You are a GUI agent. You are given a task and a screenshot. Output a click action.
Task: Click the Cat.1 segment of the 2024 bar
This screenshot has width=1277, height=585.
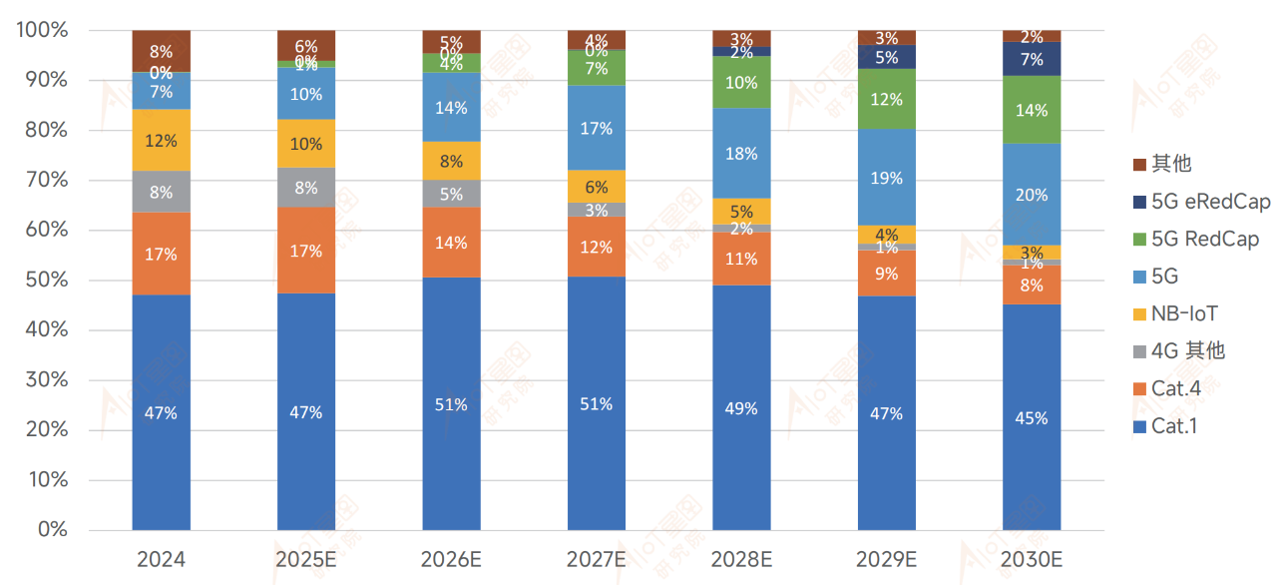point(161,411)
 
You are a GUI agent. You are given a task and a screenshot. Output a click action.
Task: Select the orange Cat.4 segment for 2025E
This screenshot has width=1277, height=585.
point(305,250)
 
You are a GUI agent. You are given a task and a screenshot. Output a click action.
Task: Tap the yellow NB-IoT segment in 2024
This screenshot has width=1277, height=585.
point(161,141)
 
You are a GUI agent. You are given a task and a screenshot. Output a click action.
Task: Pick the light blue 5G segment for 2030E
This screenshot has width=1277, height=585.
point(1032,195)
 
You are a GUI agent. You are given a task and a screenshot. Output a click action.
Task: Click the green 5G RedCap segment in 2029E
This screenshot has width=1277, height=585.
point(886,99)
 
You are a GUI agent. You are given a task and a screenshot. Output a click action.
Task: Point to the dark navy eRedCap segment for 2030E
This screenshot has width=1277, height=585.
point(1032,59)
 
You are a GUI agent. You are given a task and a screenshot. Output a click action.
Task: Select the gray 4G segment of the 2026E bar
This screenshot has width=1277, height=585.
point(451,194)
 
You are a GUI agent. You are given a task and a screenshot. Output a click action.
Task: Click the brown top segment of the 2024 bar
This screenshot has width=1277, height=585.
point(161,51)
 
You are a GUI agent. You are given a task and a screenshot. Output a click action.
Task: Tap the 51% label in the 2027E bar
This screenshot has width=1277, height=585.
point(597,403)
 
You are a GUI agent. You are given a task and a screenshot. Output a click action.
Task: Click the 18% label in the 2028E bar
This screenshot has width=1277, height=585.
point(741,154)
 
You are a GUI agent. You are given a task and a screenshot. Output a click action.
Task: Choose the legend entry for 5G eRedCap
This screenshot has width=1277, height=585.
point(1210,202)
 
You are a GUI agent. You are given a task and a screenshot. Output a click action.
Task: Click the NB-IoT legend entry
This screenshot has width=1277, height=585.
point(1184,313)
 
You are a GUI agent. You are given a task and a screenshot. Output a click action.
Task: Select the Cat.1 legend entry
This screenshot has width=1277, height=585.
point(1174,426)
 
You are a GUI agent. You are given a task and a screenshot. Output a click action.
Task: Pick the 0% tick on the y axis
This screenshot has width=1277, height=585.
point(55,529)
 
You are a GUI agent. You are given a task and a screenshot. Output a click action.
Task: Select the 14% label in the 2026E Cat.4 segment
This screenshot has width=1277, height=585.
point(451,242)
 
